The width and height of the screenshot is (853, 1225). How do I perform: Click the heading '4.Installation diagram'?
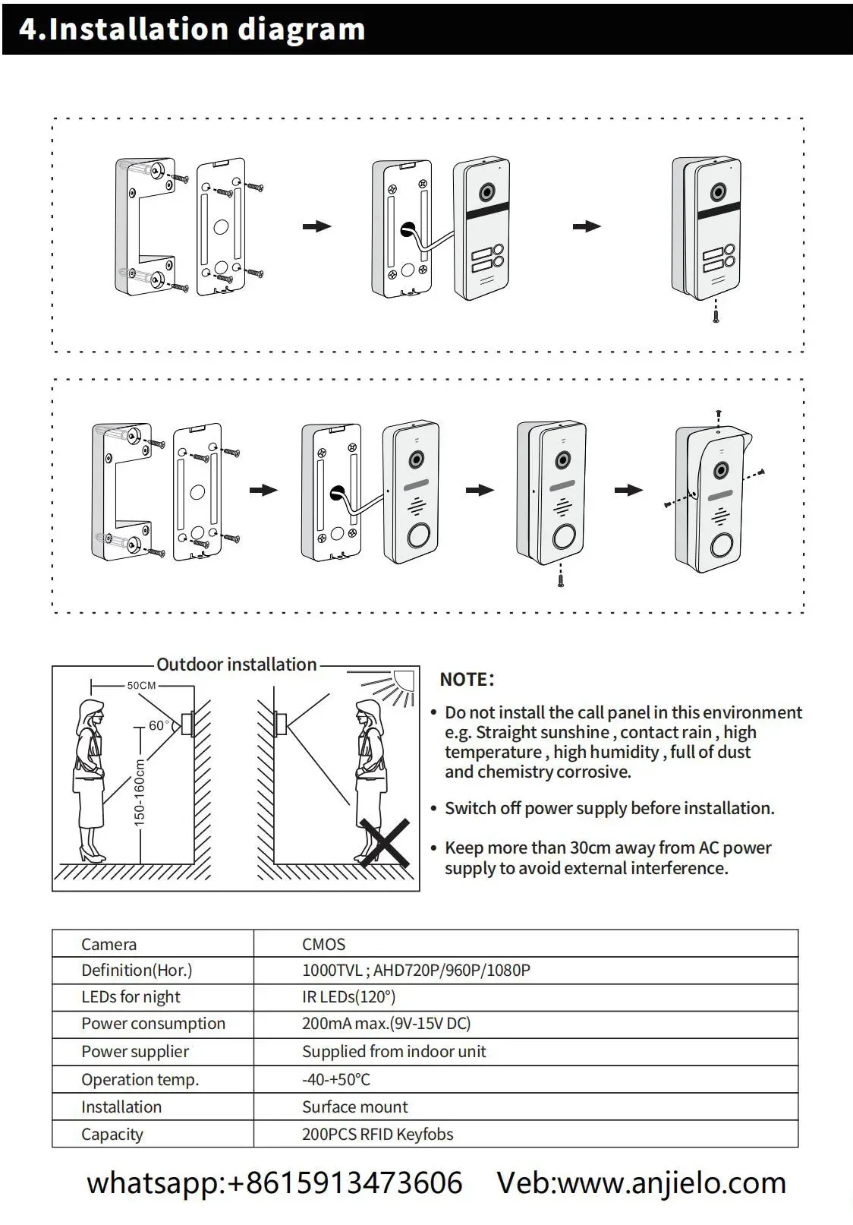pyautogui.click(x=192, y=29)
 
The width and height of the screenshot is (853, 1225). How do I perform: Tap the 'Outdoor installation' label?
pyautogui.click(x=236, y=665)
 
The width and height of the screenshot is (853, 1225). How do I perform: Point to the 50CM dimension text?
pyautogui.click(x=141, y=685)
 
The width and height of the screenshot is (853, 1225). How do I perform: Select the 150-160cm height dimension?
pyautogui.click(x=140, y=791)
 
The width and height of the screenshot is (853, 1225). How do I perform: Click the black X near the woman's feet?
pyautogui.click(x=385, y=843)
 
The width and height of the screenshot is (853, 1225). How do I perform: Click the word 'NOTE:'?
pyautogui.click(x=467, y=679)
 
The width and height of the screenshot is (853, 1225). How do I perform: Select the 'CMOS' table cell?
pyautogui.click(x=323, y=944)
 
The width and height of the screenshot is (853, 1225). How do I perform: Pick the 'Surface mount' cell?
pyautogui.click(x=354, y=1107)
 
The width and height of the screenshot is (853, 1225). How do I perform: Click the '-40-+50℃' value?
pyautogui.click(x=335, y=1079)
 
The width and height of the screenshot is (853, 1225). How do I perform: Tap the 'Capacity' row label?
pyautogui.click(x=112, y=1134)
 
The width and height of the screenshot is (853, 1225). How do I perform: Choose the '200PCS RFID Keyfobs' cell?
pyautogui.click(x=377, y=1134)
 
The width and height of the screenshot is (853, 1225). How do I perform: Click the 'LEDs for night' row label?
pyautogui.click(x=131, y=996)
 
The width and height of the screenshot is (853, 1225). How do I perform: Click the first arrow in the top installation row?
pyautogui.click(x=316, y=226)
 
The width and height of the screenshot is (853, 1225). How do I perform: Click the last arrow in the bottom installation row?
pyautogui.click(x=628, y=491)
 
